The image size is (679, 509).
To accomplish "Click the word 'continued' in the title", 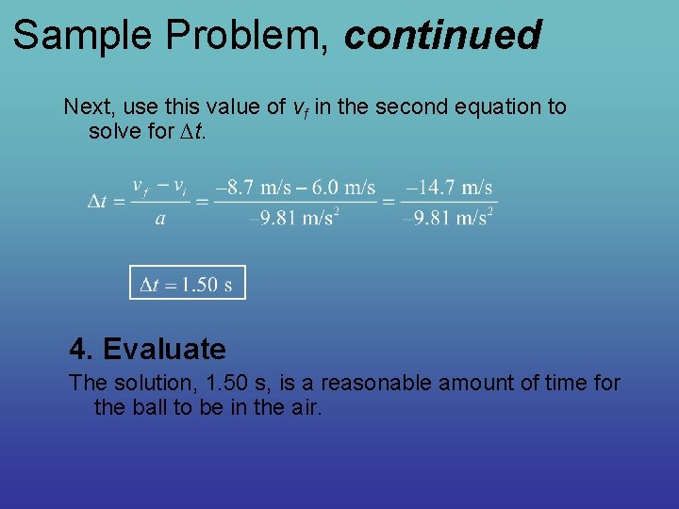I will pyautogui.click(x=442, y=36).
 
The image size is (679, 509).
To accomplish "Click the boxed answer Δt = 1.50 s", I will pyautogui.click(x=187, y=284).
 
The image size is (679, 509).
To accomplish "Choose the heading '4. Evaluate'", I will pyautogui.click(x=147, y=350).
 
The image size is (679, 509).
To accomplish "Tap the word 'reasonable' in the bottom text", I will pyautogui.click(x=356, y=383).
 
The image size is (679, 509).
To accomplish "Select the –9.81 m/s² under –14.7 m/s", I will pyautogui.click(x=447, y=219).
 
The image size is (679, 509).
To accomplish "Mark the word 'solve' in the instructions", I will pyautogui.click(x=114, y=131).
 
